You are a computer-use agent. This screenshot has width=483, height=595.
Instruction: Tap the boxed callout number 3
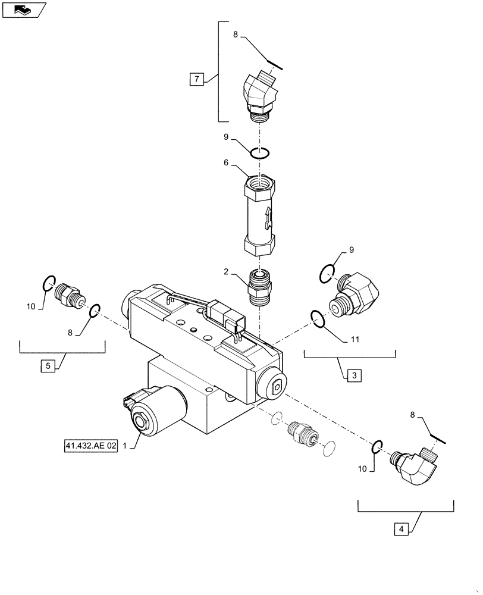click(353, 375)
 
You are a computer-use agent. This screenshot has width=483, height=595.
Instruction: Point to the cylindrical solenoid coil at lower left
click(158, 411)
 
